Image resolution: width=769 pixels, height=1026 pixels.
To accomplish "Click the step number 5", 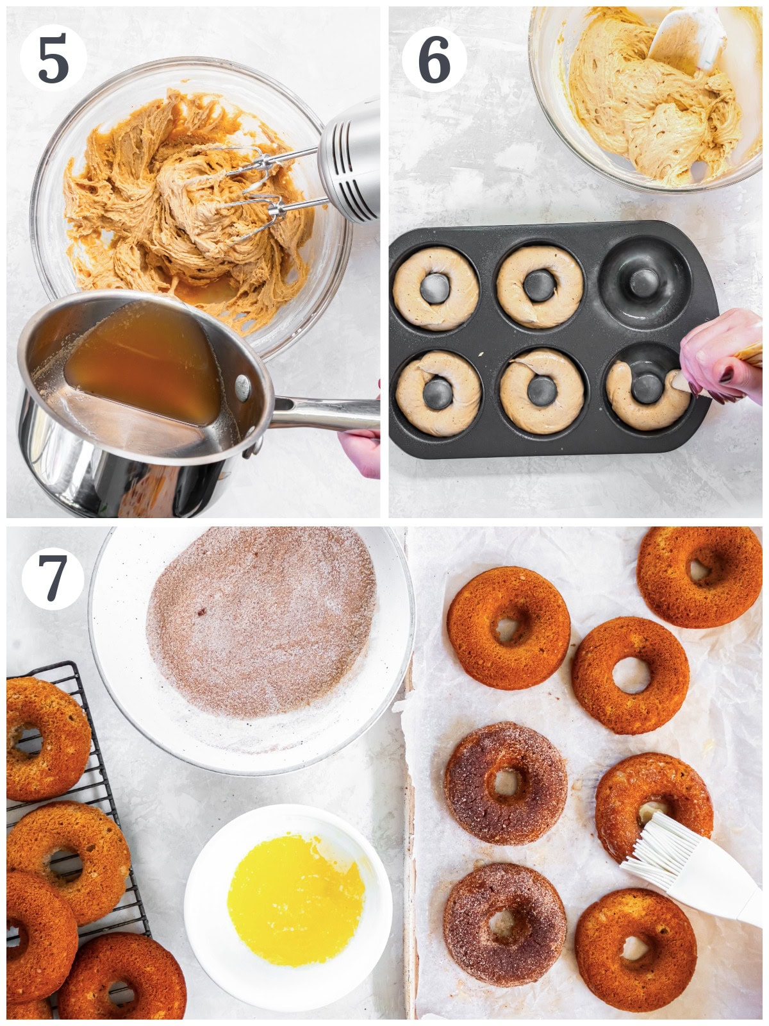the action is click(53, 60).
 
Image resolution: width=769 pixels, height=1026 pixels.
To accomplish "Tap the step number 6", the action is click(434, 60).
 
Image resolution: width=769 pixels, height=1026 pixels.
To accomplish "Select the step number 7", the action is click(53, 578).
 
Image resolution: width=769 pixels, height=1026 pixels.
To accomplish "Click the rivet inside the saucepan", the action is click(242, 387).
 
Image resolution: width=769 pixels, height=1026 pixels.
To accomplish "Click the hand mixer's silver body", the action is click(350, 161).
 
